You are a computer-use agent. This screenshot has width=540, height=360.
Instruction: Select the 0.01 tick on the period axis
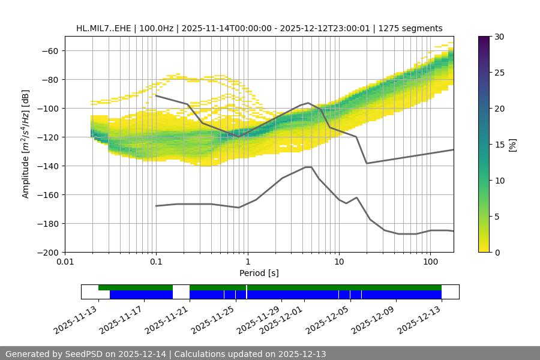click(x=65, y=261)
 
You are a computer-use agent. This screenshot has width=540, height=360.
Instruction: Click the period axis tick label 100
click(x=430, y=261)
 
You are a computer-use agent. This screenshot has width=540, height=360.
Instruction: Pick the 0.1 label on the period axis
click(x=156, y=261)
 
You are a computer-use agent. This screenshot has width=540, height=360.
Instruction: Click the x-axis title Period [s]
click(x=259, y=273)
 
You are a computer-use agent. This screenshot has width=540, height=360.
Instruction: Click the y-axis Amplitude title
click(x=26, y=144)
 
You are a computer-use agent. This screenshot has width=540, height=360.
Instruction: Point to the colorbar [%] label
click(x=512, y=145)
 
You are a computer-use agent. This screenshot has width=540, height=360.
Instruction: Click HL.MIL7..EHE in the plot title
click(x=104, y=28)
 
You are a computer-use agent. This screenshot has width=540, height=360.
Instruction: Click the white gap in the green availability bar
click(x=181, y=287)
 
